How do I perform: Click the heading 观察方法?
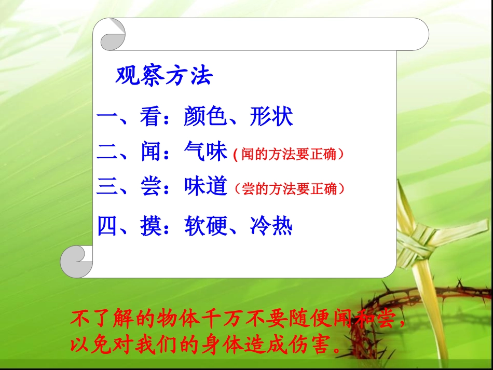164,76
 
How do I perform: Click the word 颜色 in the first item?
206,117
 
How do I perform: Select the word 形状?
271,117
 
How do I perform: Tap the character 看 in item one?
150,117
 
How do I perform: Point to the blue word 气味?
206,152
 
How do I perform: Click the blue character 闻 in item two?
151,152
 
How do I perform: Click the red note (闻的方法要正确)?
289,155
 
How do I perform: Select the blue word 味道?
206,187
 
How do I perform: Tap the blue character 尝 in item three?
151,187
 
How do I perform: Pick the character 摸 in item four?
151,227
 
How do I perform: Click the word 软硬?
206,227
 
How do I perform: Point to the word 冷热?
271,227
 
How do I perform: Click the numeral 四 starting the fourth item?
107,227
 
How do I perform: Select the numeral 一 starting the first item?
107,117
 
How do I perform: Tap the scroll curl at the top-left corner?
112,34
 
